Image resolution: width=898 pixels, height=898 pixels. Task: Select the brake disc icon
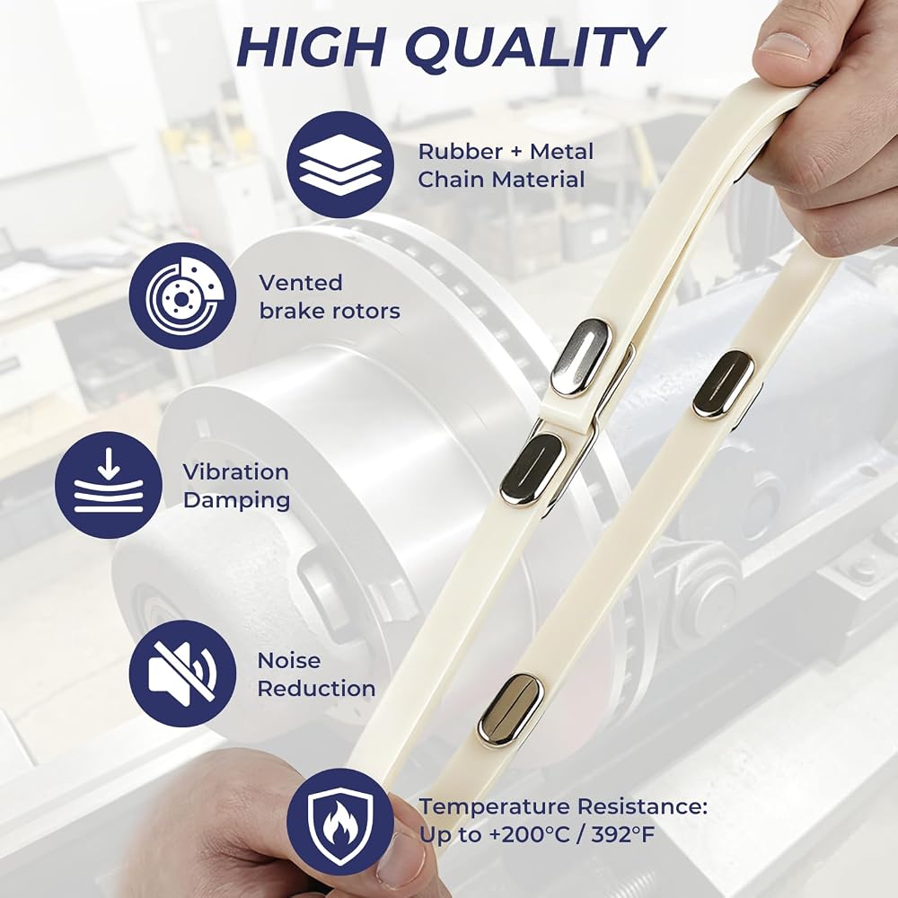[182, 296]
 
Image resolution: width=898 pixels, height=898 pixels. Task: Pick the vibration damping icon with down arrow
[109, 485]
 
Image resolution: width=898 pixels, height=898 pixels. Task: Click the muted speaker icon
[182, 673]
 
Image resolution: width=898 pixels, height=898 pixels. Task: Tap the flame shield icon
[340, 822]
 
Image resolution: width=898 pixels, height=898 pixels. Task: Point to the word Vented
[301, 283]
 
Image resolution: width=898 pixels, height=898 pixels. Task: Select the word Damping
[236, 501]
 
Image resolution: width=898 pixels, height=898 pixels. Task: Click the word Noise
[289, 660]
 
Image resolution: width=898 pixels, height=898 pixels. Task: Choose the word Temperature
[494, 807]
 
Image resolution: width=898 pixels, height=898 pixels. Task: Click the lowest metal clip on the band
[510, 710]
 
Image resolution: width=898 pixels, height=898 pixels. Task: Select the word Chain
[452, 180]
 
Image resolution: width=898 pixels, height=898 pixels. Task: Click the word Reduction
[316, 689]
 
